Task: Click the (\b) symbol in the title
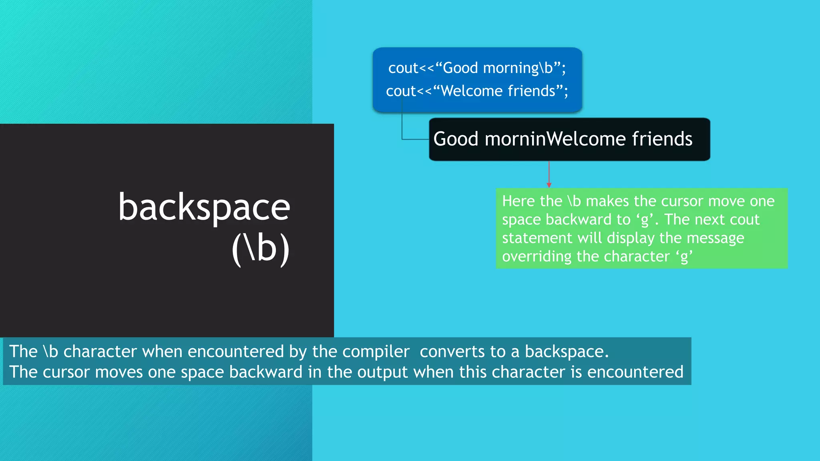pos(261,249)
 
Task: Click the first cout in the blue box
pos(403,68)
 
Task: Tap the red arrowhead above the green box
pos(549,185)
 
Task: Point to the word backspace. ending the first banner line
pos(566,352)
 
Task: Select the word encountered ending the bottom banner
pos(635,372)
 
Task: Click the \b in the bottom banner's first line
pos(50,352)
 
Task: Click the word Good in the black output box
pos(456,139)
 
